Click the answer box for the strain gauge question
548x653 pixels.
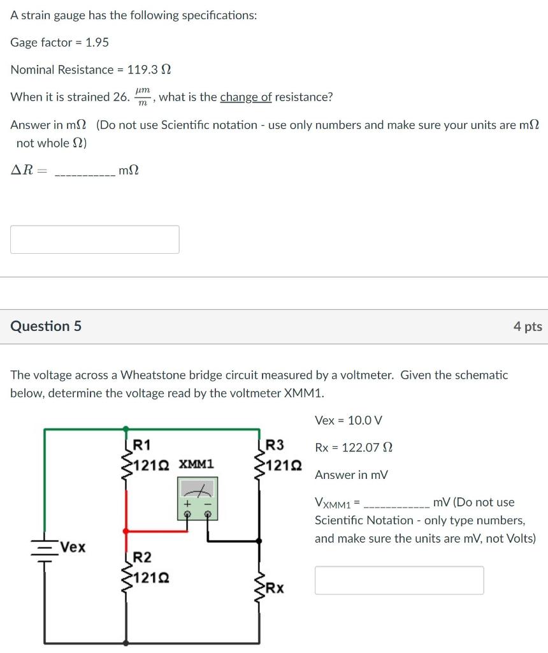coord(94,239)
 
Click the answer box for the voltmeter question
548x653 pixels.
coord(399,580)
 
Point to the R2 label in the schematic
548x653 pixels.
coord(142,558)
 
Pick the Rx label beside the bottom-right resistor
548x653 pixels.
coord(275,587)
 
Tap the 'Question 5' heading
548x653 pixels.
coord(46,326)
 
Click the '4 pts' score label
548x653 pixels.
coord(528,326)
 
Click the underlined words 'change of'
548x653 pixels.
coord(246,97)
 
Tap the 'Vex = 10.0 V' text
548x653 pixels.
coord(349,420)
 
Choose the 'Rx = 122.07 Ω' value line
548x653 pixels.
coord(354,448)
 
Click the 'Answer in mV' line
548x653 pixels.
coord(351,475)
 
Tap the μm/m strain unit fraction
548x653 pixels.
coord(143,98)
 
